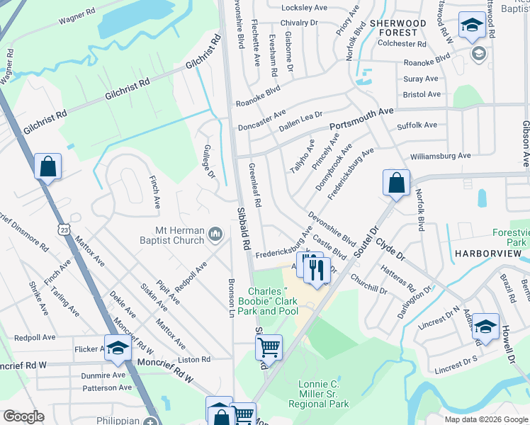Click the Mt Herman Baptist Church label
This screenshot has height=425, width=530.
pyautogui.click(x=180, y=234)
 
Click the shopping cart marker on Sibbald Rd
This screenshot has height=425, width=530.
pyautogui.click(x=269, y=347)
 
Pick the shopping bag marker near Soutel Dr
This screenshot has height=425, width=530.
pyautogui.click(x=396, y=183)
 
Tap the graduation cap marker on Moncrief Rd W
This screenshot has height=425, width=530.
pyautogui.click(x=118, y=348)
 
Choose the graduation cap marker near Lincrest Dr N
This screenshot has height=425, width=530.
pyautogui.click(x=485, y=326)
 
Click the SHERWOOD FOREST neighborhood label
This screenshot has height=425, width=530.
pyautogui.click(x=398, y=28)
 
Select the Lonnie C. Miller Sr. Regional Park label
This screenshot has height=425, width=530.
pyautogui.click(x=319, y=394)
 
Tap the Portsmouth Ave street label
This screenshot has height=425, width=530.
pyautogui.click(x=367, y=113)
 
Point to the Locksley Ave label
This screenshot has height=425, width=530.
pyautogui.click(x=304, y=8)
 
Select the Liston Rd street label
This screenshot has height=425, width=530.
pyautogui.click(x=196, y=360)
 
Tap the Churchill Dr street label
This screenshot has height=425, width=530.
pyautogui.click(x=368, y=285)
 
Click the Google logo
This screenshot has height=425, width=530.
pyautogui.click(x=24, y=416)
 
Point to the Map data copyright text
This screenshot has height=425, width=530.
pyautogui.click(x=485, y=419)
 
